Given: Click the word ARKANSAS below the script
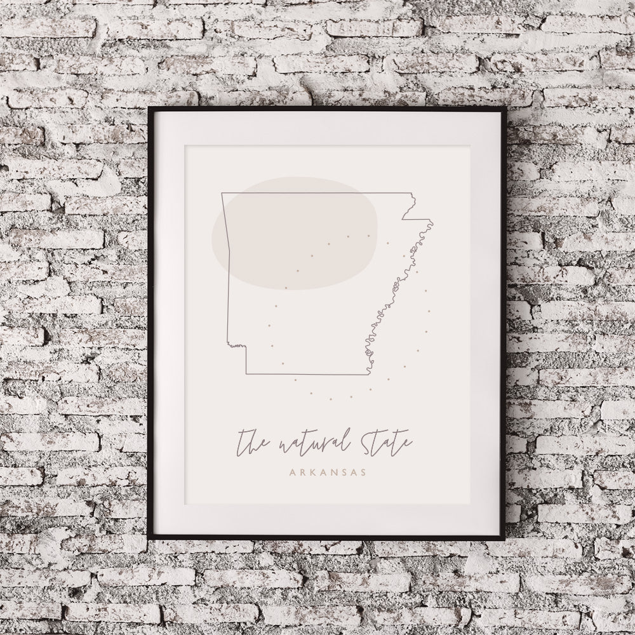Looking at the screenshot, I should pyautogui.click(x=327, y=472).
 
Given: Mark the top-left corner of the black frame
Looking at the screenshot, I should pyautogui.click(x=150, y=109).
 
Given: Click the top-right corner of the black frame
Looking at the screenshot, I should pyautogui.click(x=505, y=109).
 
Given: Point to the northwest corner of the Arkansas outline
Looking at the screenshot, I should pyautogui.click(x=222, y=193).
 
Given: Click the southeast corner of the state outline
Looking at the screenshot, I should pyautogui.click(x=369, y=374).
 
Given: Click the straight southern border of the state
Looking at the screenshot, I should pyautogui.click(x=305, y=374).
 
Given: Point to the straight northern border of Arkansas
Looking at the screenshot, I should pyautogui.click(x=317, y=193).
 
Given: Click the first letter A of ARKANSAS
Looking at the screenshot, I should pyautogui.click(x=291, y=472).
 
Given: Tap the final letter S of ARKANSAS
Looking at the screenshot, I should pyautogui.click(x=363, y=472).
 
